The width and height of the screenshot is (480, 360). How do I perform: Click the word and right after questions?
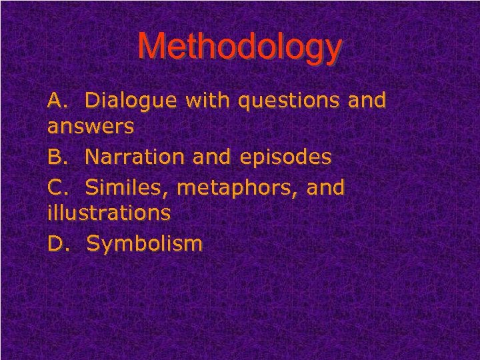(366, 101)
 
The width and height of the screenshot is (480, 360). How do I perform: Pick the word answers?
(91, 127)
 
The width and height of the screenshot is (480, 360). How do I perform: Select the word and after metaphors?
(325, 188)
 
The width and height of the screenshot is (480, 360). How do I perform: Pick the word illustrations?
(109, 213)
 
